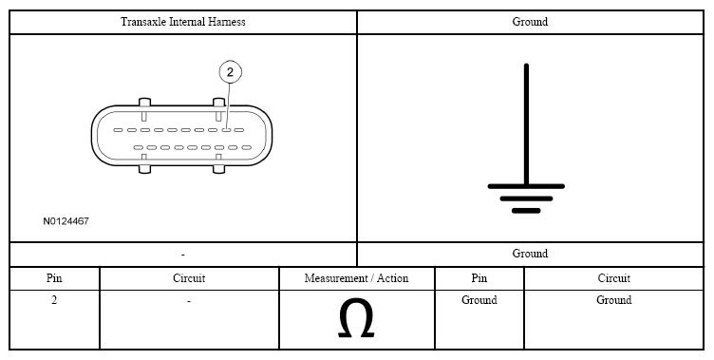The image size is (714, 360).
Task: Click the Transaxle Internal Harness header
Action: (x=182, y=22)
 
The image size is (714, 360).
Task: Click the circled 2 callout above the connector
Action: (x=230, y=72)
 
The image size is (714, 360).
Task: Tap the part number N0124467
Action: (x=66, y=221)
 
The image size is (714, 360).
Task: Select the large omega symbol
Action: (x=356, y=318)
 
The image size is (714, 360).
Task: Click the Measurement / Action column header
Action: (x=357, y=278)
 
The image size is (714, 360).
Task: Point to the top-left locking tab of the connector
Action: (x=144, y=103)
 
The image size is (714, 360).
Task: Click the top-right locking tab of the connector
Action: (x=219, y=103)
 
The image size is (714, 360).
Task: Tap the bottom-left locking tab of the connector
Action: (x=144, y=169)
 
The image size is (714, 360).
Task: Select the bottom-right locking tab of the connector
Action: (x=219, y=169)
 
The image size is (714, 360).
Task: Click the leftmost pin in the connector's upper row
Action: (x=118, y=130)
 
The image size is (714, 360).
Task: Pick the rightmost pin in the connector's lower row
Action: (x=246, y=147)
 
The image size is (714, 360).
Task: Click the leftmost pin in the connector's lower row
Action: (x=139, y=147)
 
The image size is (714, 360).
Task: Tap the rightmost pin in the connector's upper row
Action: (x=239, y=130)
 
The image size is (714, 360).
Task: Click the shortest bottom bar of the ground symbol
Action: (x=526, y=211)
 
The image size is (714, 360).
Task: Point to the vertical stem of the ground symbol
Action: (x=526, y=124)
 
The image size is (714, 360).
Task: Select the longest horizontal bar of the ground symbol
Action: (x=526, y=186)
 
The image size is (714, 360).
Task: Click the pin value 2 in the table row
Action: (x=54, y=300)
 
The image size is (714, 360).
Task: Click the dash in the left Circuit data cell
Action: (x=189, y=301)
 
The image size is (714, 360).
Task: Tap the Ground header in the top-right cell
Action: (x=530, y=22)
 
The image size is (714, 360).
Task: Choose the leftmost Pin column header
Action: (x=54, y=278)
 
